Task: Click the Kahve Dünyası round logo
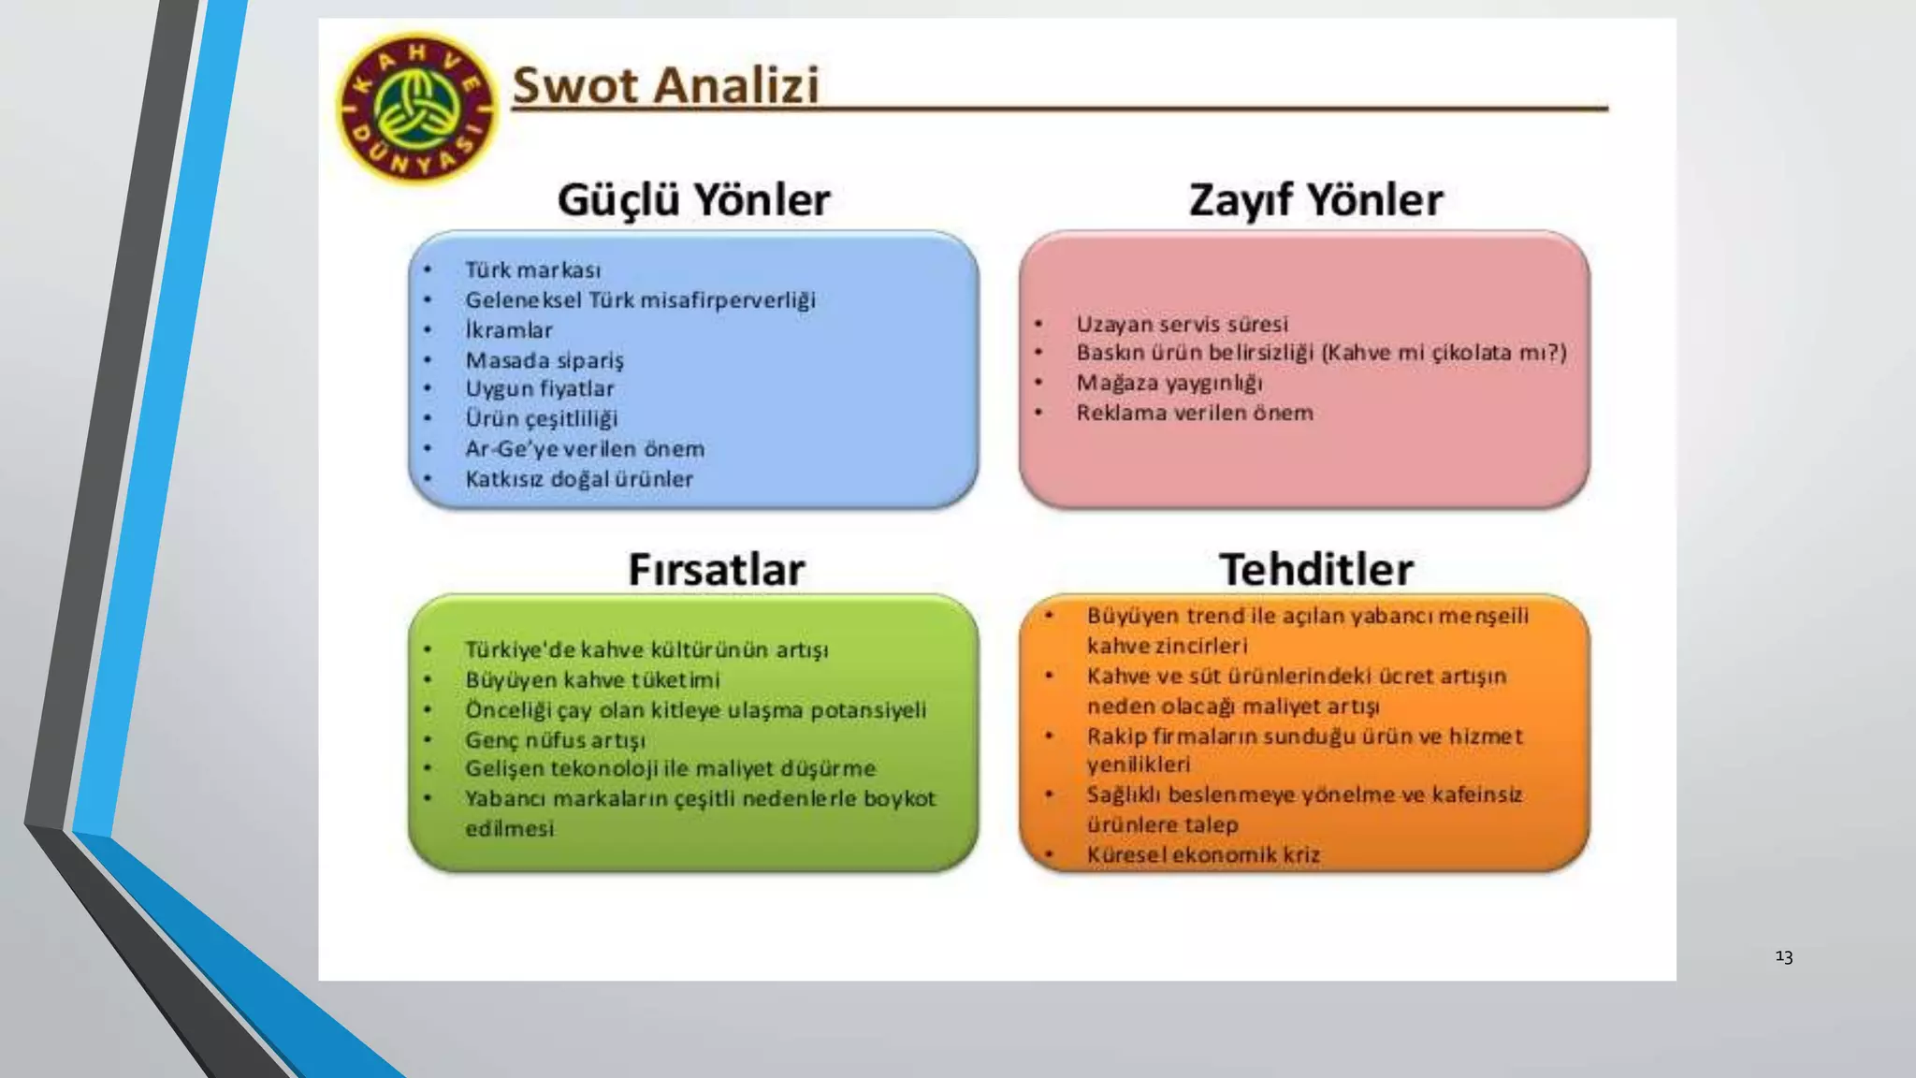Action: [417, 109]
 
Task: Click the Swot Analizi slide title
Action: [665, 85]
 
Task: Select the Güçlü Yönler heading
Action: [693, 199]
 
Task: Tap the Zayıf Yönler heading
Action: [1315, 199]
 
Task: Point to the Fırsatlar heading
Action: [716, 569]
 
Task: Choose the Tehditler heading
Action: [1316, 569]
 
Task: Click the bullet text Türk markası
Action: [533, 270]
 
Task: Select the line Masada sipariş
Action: [544, 360]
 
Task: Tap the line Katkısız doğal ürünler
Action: [579, 479]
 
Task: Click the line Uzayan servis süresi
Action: [1182, 324]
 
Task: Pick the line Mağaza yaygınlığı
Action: [1168, 383]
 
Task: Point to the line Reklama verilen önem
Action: [1194, 413]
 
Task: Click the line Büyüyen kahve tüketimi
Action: [592, 679]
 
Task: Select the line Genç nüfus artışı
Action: [555, 740]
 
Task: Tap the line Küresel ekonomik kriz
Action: [1203, 854]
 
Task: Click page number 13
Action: [1783, 956]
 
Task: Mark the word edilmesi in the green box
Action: [510, 828]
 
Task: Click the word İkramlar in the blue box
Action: [509, 330]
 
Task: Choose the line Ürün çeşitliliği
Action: [542, 418]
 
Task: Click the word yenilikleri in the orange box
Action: [1139, 765]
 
